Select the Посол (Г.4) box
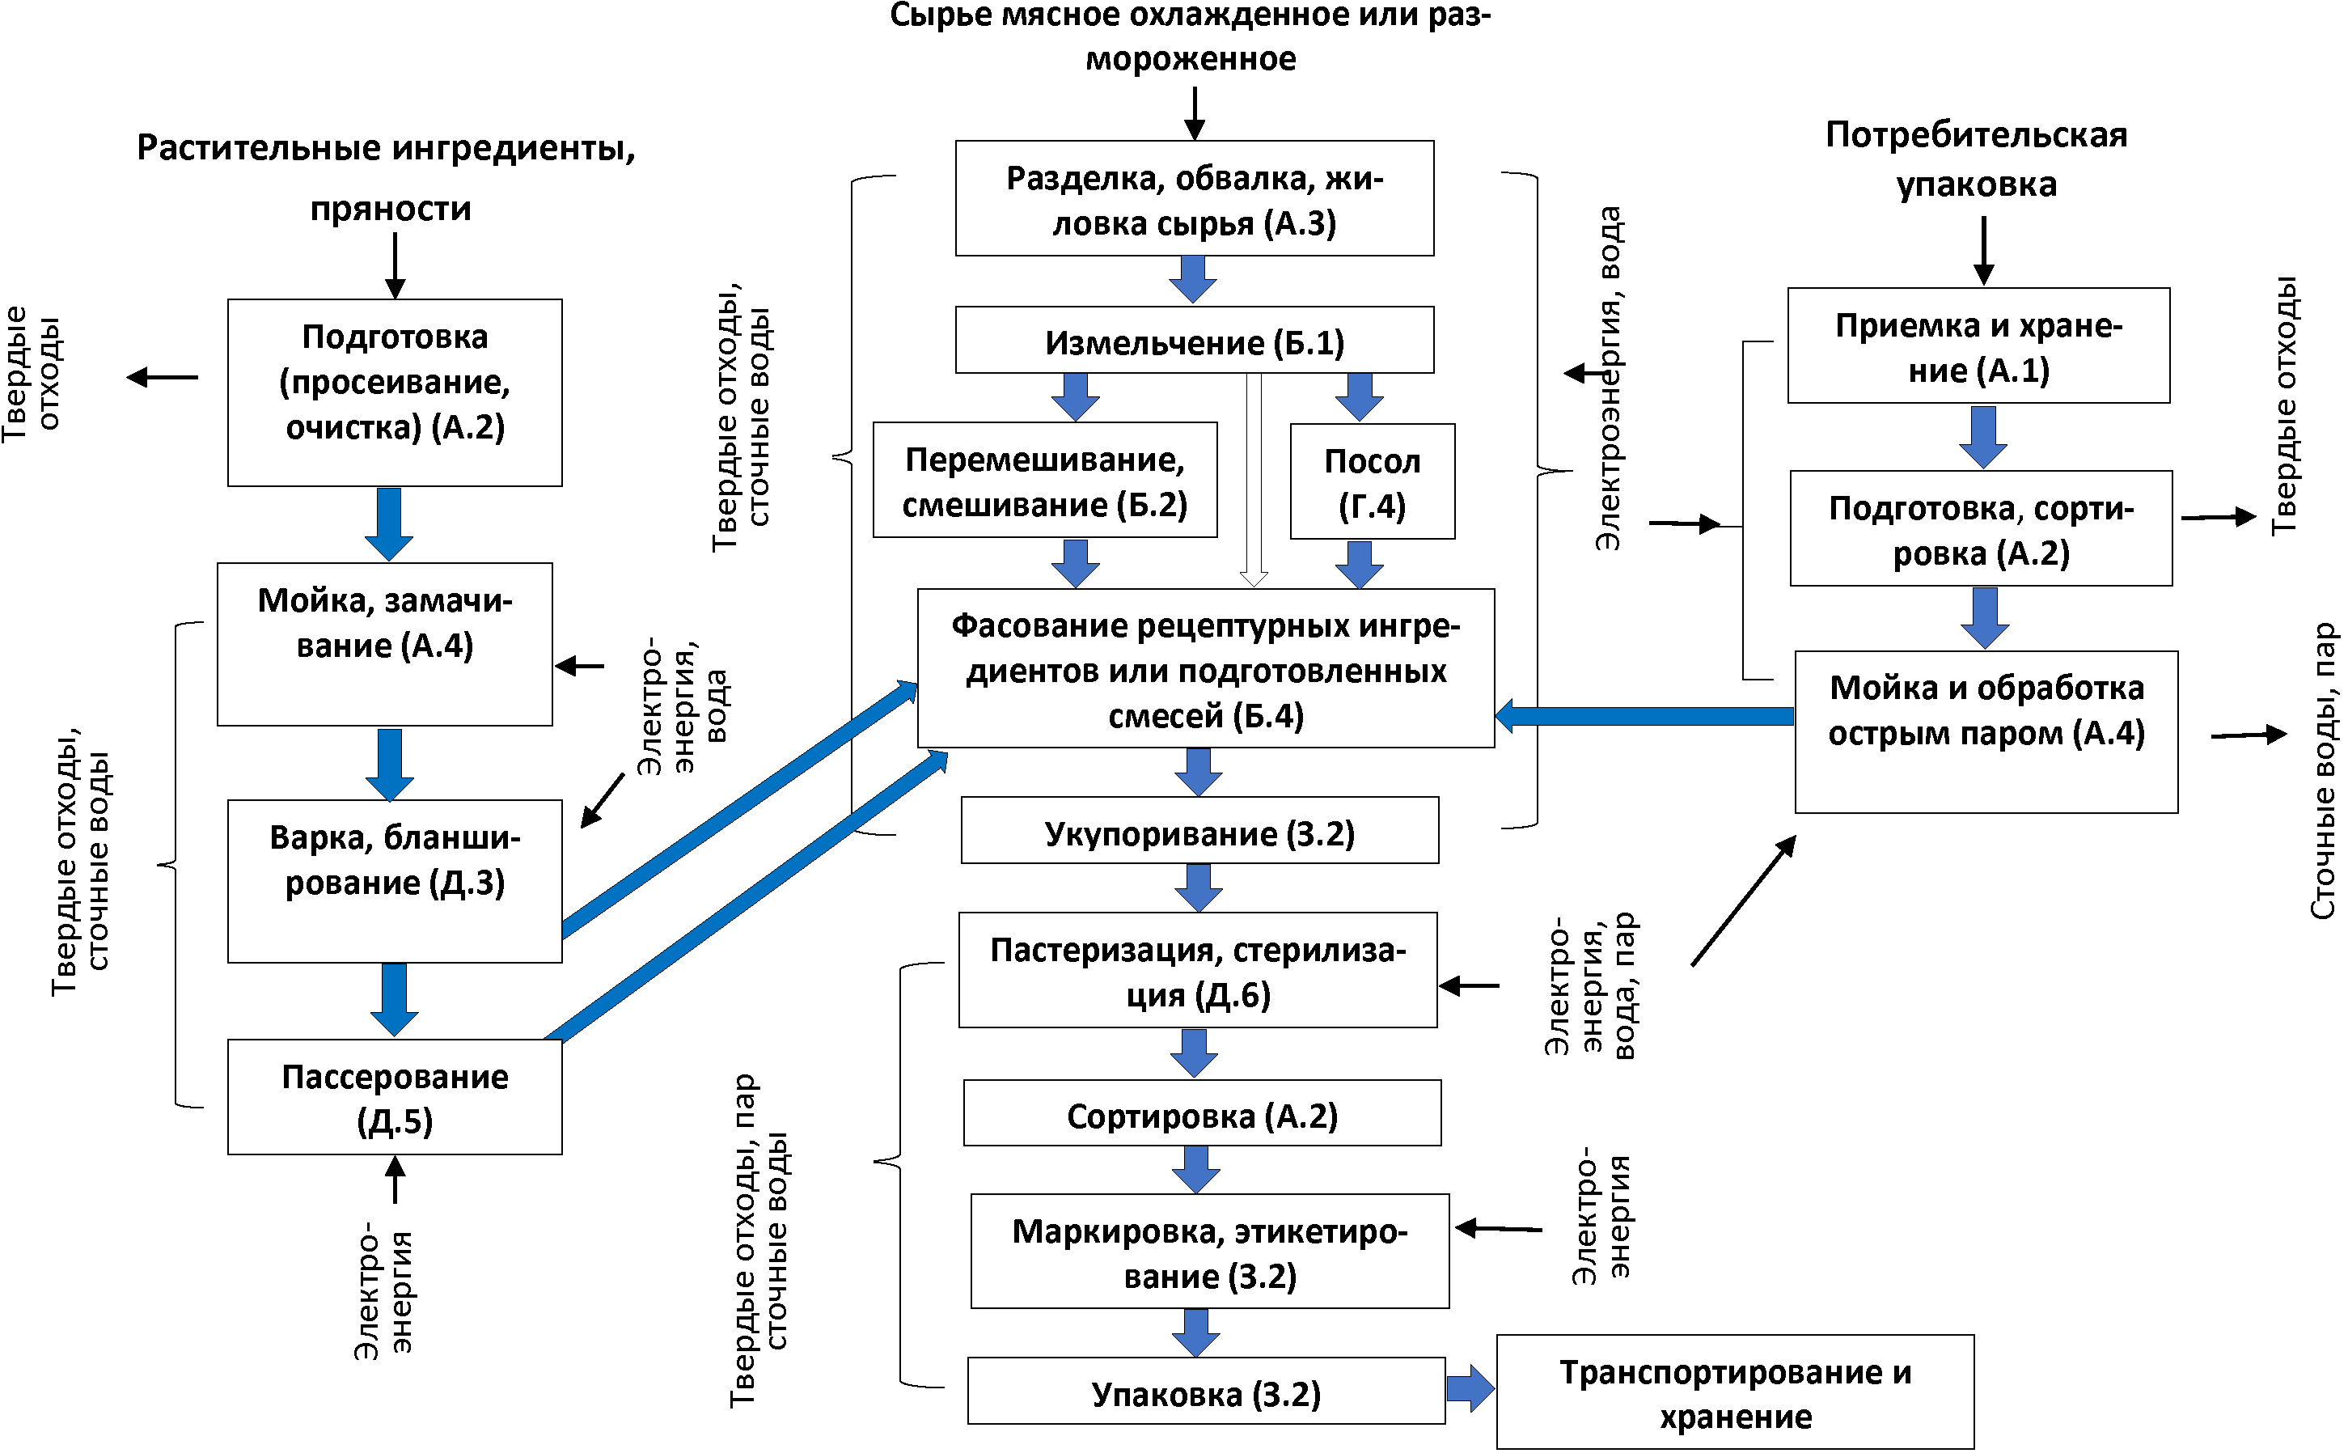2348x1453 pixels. pyautogui.click(x=1371, y=481)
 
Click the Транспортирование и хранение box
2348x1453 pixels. pyautogui.click(x=1734, y=1392)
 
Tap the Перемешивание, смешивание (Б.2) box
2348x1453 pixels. pyautogui.click(x=1044, y=481)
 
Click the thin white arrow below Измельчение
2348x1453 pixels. pyautogui.click(x=1253, y=481)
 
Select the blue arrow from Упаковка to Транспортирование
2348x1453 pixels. pyautogui.click(x=1469, y=1388)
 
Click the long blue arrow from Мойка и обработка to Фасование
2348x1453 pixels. pyautogui.click(x=1643, y=716)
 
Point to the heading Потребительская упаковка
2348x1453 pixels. pyautogui.click(x=1975, y=159)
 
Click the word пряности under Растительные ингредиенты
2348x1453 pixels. pyautogui.click(x=390, y=209)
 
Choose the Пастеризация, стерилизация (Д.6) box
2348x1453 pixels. pyautogui.click(x=1197, y=971)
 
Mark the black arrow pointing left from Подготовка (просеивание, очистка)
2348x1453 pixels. pyautogui.click(x=162, y=378)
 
